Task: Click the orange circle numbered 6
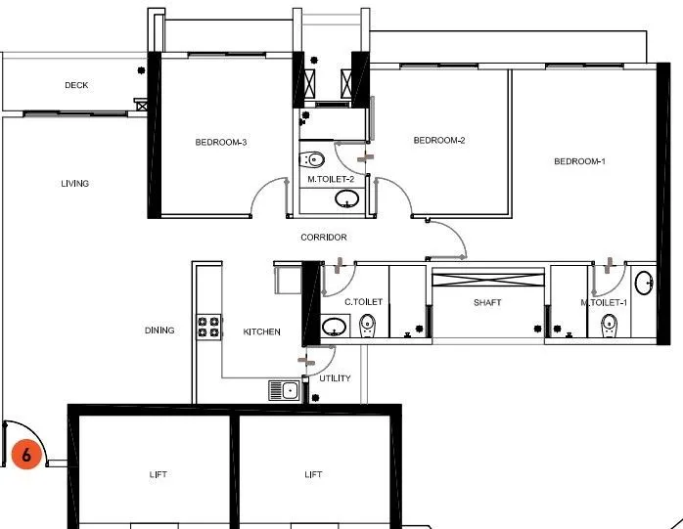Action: click(26, 454)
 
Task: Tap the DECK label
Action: click(76, 85)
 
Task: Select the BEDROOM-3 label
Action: click(221, 143)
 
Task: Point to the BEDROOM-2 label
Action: click(439, 140)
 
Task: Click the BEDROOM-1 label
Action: click(579, 161)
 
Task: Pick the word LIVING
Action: click(75, 184)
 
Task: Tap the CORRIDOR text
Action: click(324, 238)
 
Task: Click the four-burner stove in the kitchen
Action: click(208, 328)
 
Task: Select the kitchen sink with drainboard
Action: click(284, 390)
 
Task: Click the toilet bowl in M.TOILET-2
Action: click(312, 159)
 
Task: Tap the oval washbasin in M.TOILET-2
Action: click(346, 198)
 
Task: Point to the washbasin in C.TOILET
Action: click(334, 327)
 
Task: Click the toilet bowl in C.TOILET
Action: click(367, 327)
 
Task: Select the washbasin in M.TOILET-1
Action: click(644, 283)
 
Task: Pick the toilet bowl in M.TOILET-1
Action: click(609, 327)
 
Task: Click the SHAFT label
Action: click(487, 302)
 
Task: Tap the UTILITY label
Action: click(335, 378)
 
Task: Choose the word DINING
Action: click(159, 331)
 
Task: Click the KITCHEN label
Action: click(261, 331)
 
